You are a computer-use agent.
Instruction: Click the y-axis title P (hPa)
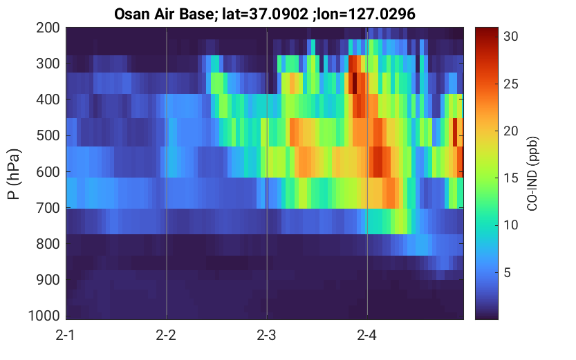(x=14, y=174)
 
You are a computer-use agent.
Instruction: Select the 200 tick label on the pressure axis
(x=48, y=28)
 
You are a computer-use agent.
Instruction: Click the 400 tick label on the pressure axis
(x=48, y=100)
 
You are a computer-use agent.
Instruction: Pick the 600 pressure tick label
(x=48, y=172)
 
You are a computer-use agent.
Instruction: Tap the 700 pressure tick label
(x=48, y=208)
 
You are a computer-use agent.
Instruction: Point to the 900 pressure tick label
(x=48, y=280)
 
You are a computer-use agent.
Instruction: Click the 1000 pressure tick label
(x=44, y=316)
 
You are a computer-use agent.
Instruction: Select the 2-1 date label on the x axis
(x=66, y=335)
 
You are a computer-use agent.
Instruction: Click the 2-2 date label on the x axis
(x=166, y=335)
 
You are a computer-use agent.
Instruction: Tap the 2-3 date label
(x=266, y=335)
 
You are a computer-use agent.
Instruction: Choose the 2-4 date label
(x=366, y=335)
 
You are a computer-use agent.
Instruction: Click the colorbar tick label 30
(x=510, y=37)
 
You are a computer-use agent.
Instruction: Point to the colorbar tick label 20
(x=510, y=131)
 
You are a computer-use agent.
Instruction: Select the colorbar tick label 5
(x=508, y=273)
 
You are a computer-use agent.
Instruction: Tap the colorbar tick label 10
(x=510, y=225)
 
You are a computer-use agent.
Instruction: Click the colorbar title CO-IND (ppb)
(x=532, y=173)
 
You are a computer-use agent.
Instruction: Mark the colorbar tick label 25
(x=510, y=84)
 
